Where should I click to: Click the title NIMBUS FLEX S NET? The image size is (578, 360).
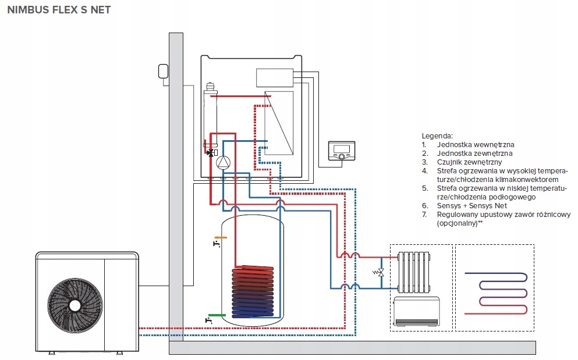coord(58,10)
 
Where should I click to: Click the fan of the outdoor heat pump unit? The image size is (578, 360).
coord(75,305)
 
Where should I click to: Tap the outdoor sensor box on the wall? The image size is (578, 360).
coord(161,72)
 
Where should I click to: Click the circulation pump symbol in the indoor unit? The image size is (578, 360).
coord(223,163)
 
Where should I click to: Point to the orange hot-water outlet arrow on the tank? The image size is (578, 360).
coord(221,237)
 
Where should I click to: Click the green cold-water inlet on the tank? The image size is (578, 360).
coord(217,315)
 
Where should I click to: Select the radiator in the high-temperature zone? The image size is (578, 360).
coord(413,272)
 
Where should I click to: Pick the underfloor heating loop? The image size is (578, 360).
coord(496,288)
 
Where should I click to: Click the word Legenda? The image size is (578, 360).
coord(437,135)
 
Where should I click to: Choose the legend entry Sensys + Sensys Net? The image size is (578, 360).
coord(471,206)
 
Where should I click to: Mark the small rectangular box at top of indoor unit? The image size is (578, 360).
coord(274,78)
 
